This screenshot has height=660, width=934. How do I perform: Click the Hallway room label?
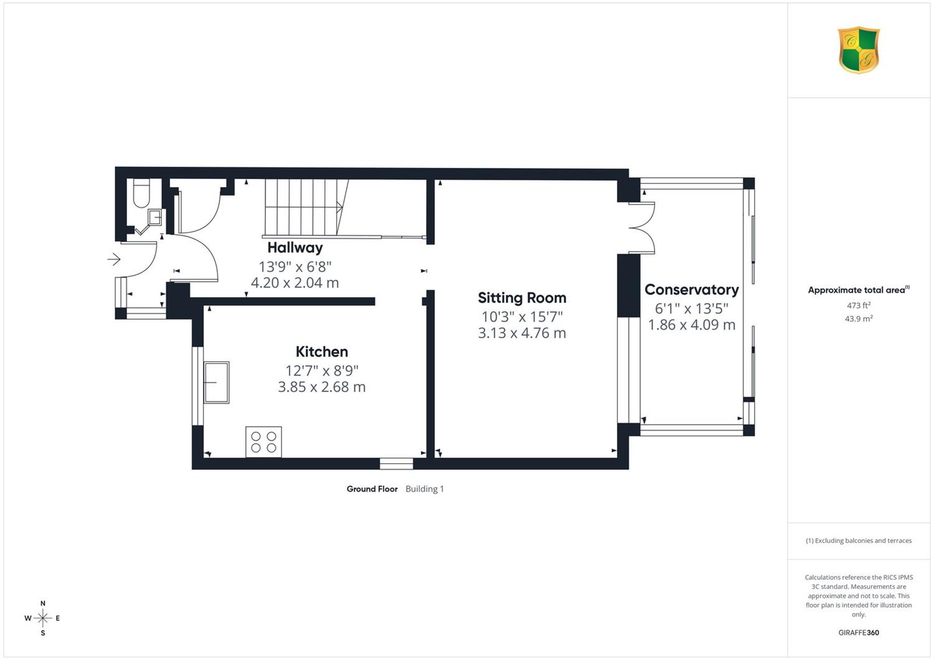295,248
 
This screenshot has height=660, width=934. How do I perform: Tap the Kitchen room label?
321,351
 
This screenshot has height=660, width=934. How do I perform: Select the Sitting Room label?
522,298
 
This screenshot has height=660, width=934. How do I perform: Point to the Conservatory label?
692,290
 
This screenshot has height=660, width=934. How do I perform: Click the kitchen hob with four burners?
263,442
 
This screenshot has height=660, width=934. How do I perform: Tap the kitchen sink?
217,383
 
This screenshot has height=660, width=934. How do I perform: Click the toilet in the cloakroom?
141,193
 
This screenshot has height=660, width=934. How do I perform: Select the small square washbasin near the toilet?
154,216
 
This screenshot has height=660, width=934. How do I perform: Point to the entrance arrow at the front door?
114,259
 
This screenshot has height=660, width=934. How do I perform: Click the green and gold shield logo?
859,50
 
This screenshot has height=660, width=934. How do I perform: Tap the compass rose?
42,618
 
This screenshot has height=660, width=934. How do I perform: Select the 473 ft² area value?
859,305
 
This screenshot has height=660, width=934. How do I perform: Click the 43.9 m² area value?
859,318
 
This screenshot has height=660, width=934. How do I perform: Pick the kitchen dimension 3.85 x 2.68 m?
321,387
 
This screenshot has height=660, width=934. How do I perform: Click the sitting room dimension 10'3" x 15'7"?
522,317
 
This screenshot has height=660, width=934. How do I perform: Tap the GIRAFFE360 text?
859,633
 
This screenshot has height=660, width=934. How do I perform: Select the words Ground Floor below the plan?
372,489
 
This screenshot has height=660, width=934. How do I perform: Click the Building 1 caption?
425,489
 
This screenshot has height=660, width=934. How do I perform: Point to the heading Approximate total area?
859,290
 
